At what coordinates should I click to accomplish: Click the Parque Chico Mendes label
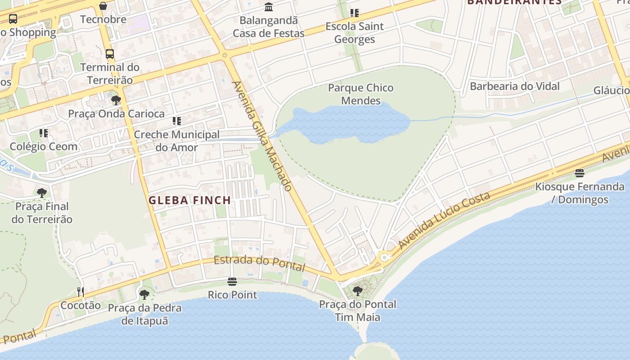tap(360, 94)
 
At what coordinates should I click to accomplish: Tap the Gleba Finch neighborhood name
tap(189, 201)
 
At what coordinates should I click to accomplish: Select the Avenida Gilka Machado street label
tap(262, 136)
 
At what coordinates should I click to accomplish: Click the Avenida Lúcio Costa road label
tap(444, 220)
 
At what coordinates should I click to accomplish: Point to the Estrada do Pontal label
tap(259, 263)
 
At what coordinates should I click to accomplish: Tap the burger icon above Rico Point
tap(232, 282)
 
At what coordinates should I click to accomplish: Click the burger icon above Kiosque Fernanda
tap(580, 173)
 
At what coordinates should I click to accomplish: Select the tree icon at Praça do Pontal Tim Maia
tap(358, 291)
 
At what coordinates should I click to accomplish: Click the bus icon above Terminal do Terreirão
tap(110, 54)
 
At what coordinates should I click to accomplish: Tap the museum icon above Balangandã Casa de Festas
tap(269, 7)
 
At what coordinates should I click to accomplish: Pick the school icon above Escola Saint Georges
tap(355, 13)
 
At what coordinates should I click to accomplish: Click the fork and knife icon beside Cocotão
tap(81, 292)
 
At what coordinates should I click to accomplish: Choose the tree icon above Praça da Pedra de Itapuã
tap(144, 295)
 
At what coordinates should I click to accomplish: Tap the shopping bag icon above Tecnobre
tap(103, 6)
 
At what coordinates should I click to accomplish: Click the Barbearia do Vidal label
tap(514, 86)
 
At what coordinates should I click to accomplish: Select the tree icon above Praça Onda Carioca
tap(116, 100)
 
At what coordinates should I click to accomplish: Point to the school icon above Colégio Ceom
tap(44, 133)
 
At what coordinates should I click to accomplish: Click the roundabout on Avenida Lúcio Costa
tap(384, 258)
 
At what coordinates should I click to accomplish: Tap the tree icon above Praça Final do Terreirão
tap(42, 193)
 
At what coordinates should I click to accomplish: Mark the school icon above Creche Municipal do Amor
tap(177, 121)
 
